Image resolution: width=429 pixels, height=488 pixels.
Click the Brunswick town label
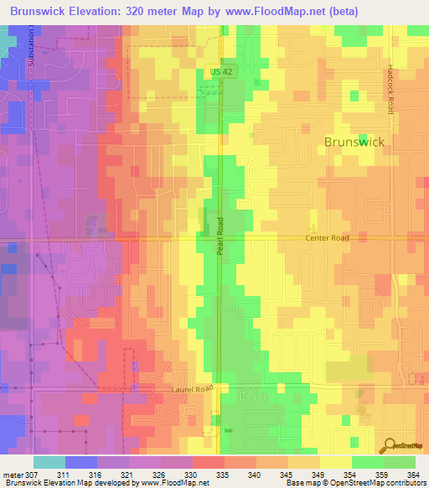pos(354,142)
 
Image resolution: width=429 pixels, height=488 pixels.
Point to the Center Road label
pos(327,238)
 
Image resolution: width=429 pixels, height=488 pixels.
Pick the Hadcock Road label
pos(391,90)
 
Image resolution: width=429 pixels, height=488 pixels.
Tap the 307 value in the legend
pos(33,475)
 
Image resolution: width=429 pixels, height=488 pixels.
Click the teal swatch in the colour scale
pos(49,462)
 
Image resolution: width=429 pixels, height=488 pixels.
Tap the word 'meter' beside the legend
pos(12,475)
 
